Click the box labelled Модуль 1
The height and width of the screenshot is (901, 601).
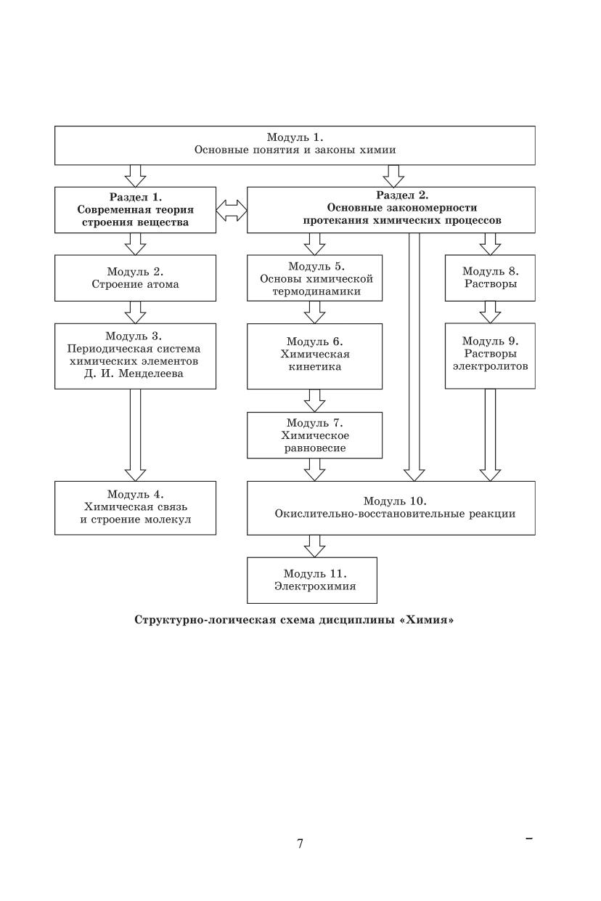295,145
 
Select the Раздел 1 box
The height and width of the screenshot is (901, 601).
135,209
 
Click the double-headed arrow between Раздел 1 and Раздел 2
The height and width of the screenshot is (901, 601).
232,210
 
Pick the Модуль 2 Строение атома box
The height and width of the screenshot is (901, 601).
135,278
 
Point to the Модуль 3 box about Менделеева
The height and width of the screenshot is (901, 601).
135,356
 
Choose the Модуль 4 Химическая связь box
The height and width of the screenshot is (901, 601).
135,507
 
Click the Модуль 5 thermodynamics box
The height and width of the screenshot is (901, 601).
314,278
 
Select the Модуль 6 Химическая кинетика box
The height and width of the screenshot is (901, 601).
314,356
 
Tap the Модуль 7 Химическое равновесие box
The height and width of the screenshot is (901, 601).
314,435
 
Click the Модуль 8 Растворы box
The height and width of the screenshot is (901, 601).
490,278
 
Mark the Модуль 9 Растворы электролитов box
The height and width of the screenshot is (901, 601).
490,356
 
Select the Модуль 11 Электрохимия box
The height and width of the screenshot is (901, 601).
312,580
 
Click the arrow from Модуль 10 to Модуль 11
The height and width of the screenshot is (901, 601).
314,546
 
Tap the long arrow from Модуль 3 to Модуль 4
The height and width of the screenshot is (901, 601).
135,435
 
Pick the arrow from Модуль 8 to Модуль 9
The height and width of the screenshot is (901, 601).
490,312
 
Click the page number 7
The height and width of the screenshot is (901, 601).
300,844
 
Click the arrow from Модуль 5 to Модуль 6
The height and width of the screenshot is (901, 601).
314,312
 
